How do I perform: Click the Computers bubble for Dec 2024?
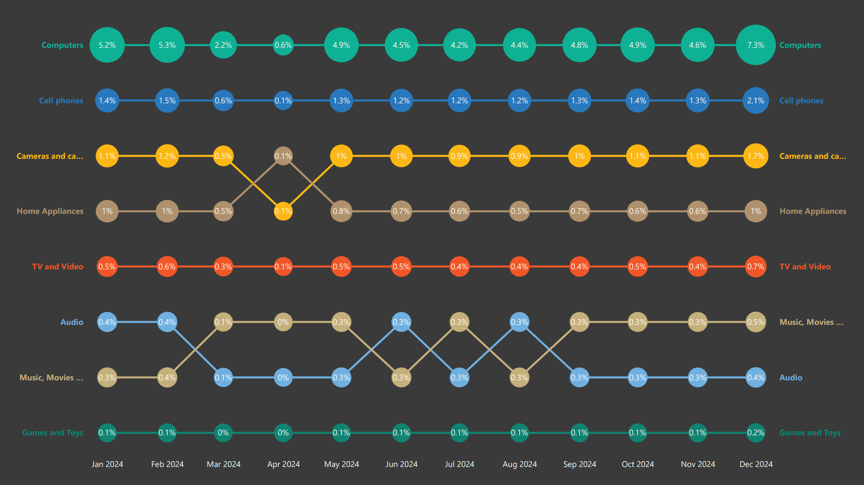[756, 45]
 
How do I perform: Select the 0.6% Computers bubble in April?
[283, 45]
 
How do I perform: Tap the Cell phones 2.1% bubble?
[756, 101]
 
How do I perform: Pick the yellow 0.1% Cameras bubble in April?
[283, 211]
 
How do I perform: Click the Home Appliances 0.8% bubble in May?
[341, 211]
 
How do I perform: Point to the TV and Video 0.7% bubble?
[756, 267]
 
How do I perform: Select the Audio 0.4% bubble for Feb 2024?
[167, 322]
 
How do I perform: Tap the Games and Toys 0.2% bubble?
[756, 433]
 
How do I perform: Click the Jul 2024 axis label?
[459, 464]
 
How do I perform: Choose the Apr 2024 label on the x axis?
[283, 464]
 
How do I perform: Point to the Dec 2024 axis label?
[756, 464]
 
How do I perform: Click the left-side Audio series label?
[72, 322]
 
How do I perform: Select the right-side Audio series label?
[790, 378]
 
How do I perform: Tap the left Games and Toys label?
[52, 433]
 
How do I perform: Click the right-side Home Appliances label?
[813, 211]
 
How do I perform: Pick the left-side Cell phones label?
[61, 101]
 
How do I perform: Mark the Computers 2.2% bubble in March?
[223, 45]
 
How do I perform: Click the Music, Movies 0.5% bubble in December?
[756, 322]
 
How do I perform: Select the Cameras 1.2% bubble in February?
[167, 156]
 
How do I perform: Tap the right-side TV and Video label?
[805, 267]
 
